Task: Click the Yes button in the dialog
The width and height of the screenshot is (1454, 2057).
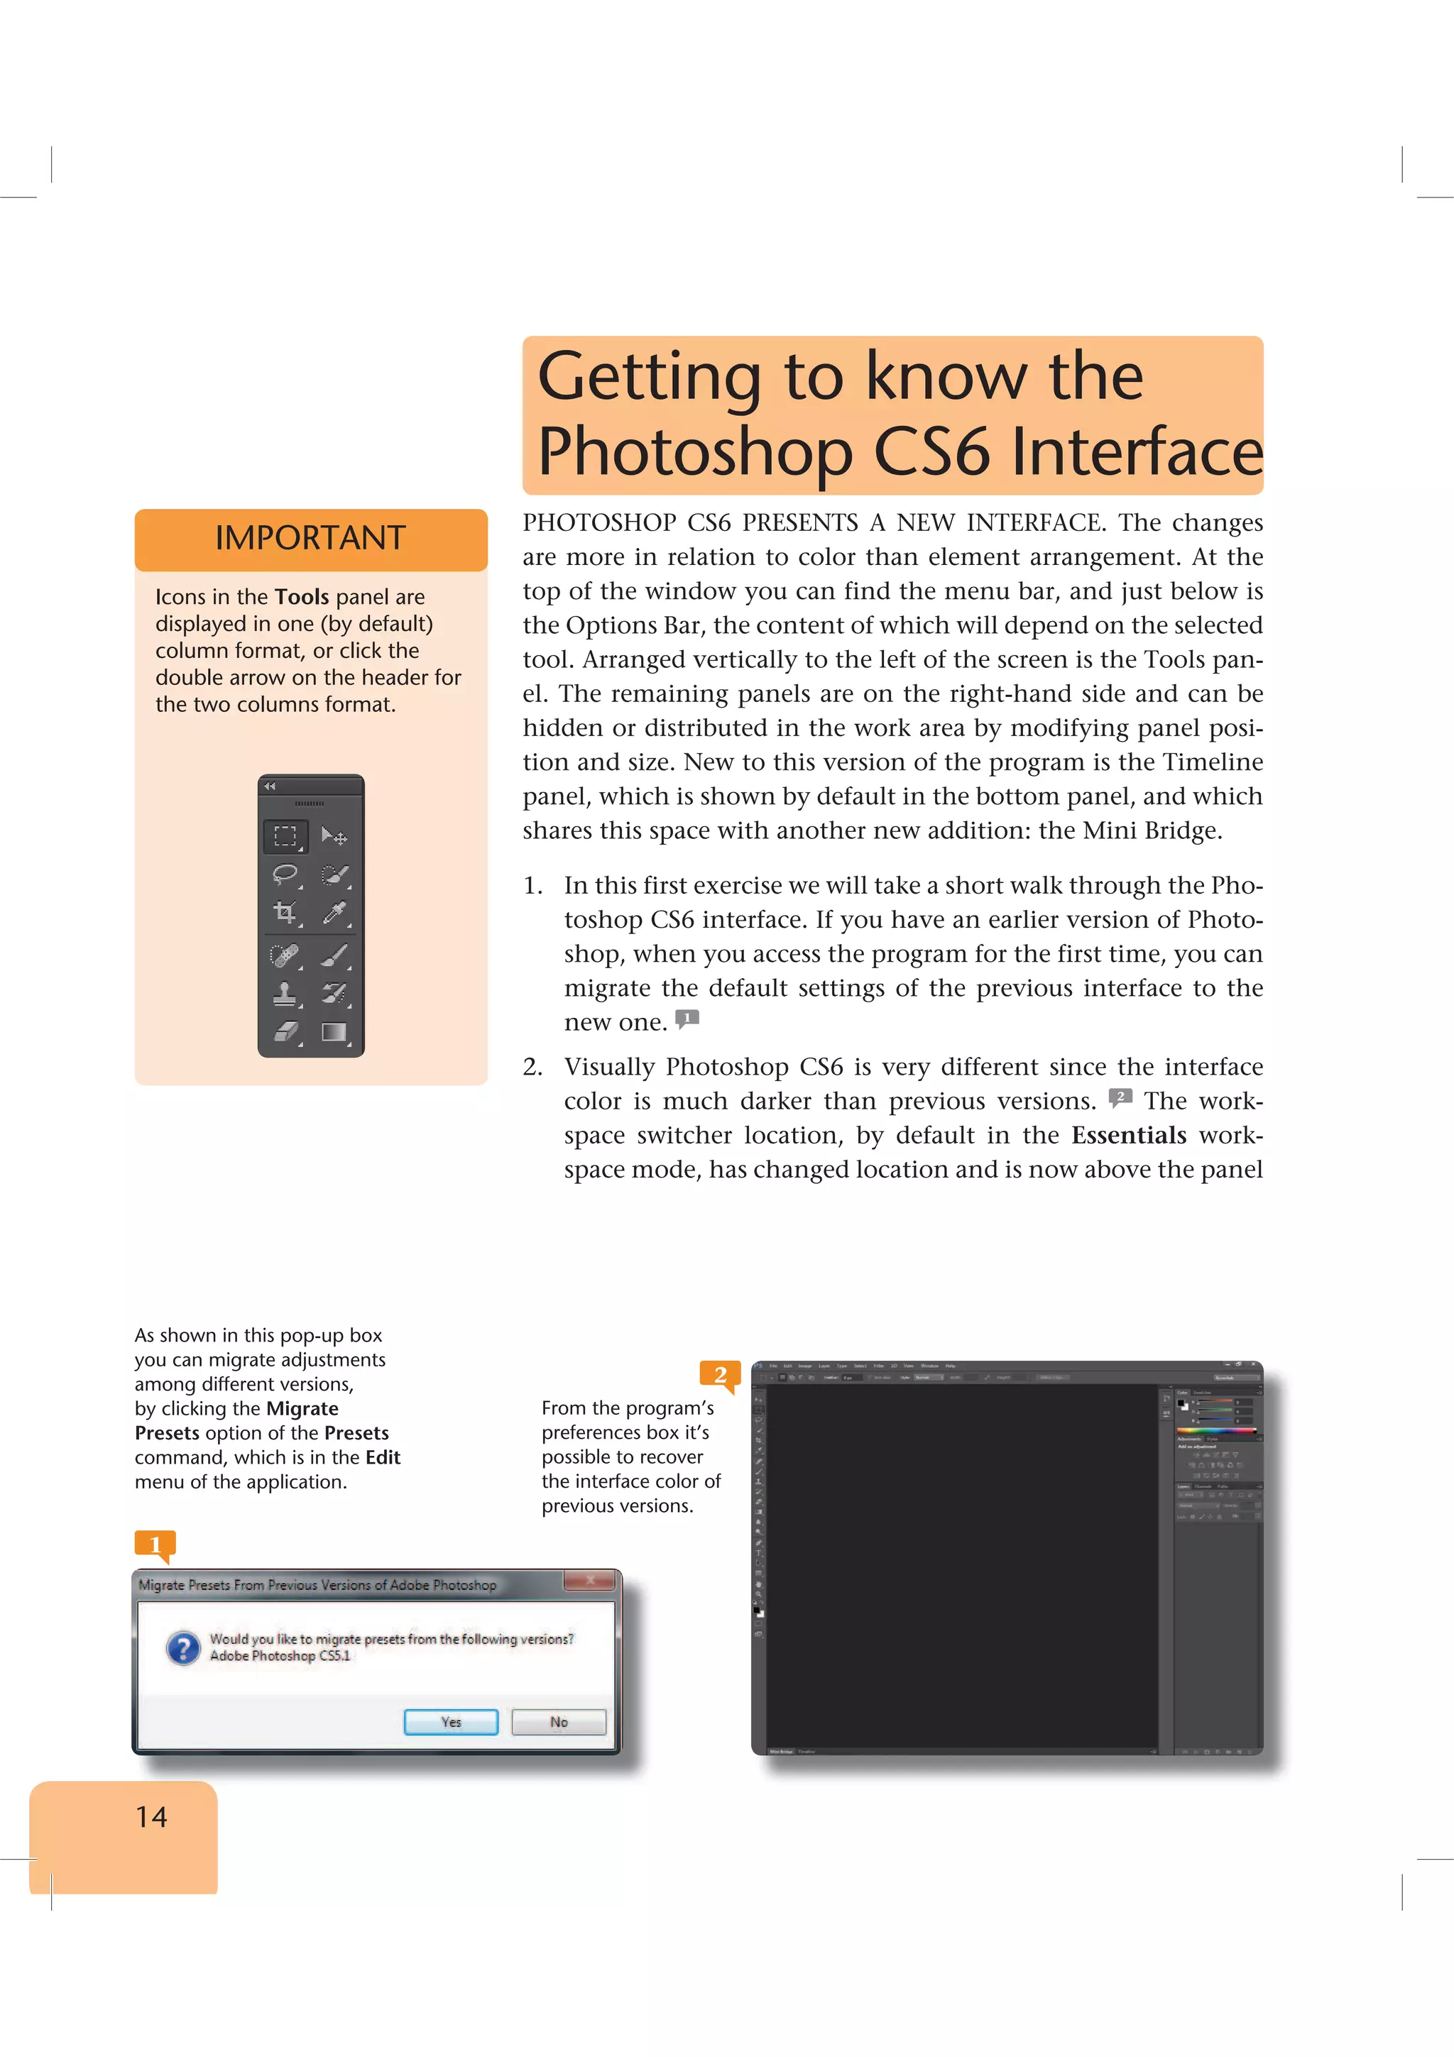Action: pos(451,1721)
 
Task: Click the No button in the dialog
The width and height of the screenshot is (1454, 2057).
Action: pos(558,1721)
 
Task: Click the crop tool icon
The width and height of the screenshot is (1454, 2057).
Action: pos(285,913)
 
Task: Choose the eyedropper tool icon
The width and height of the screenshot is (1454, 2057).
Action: pos(334,913)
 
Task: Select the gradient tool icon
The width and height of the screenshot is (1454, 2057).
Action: pos(334,1032)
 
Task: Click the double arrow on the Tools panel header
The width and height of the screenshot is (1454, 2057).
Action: pos(270,786)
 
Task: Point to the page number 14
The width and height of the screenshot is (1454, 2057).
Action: pos(151,1816)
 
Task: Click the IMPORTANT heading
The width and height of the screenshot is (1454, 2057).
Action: pos(310,537)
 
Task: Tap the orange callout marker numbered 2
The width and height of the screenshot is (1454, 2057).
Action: pos(721,1374)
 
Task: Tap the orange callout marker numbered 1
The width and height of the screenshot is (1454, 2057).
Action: pos(155,1544)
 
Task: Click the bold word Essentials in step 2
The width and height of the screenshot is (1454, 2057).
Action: pos(1128,1135)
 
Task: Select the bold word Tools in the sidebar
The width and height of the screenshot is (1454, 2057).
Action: pos(302,597)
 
